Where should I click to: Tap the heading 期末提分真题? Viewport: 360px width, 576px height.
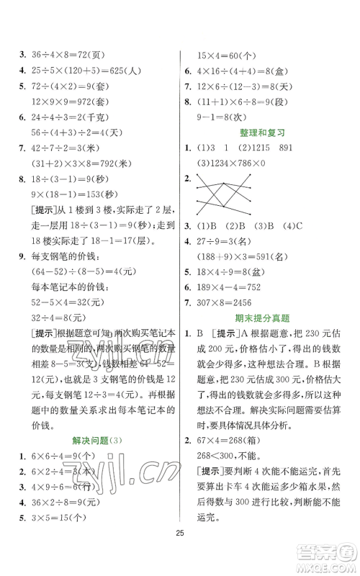click(266, 318)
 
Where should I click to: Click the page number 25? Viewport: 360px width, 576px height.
click(180, 552)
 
